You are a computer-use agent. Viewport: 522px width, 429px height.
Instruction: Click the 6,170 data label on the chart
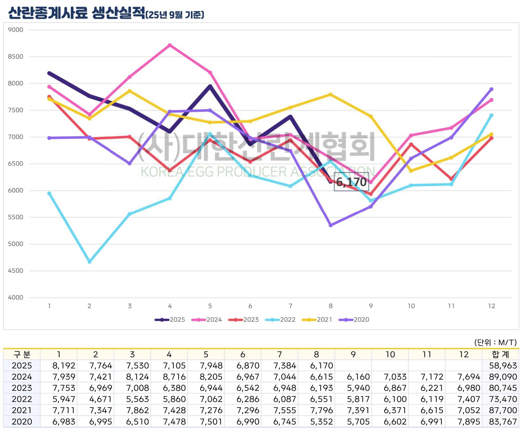(351, 182)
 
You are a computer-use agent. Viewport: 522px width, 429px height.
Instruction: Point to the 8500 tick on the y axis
(15, 56)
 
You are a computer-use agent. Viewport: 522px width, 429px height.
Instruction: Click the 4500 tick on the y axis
(15, 271)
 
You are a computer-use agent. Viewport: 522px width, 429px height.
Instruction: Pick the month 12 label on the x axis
(491, 306)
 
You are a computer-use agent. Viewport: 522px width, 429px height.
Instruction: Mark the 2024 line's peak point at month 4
(170, 45)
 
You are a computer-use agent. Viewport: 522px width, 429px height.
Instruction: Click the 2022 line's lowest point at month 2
(89, 262)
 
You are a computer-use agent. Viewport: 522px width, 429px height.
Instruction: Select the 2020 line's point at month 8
(331, 225)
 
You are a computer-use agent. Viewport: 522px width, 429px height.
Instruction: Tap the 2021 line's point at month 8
(331, 95)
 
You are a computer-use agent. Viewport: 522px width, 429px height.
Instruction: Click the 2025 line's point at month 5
(210, 86)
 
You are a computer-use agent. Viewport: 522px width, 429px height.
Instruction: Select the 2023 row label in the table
(22, 388)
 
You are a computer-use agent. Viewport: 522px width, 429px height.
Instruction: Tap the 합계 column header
(500, 355)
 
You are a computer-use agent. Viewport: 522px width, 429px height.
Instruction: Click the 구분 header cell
(22, 355)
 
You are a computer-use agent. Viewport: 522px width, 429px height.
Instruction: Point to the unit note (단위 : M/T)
(495, 342)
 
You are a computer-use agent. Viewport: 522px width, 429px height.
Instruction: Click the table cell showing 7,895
(469, 422)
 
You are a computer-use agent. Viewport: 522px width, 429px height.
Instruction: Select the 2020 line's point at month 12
(491, 89)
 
